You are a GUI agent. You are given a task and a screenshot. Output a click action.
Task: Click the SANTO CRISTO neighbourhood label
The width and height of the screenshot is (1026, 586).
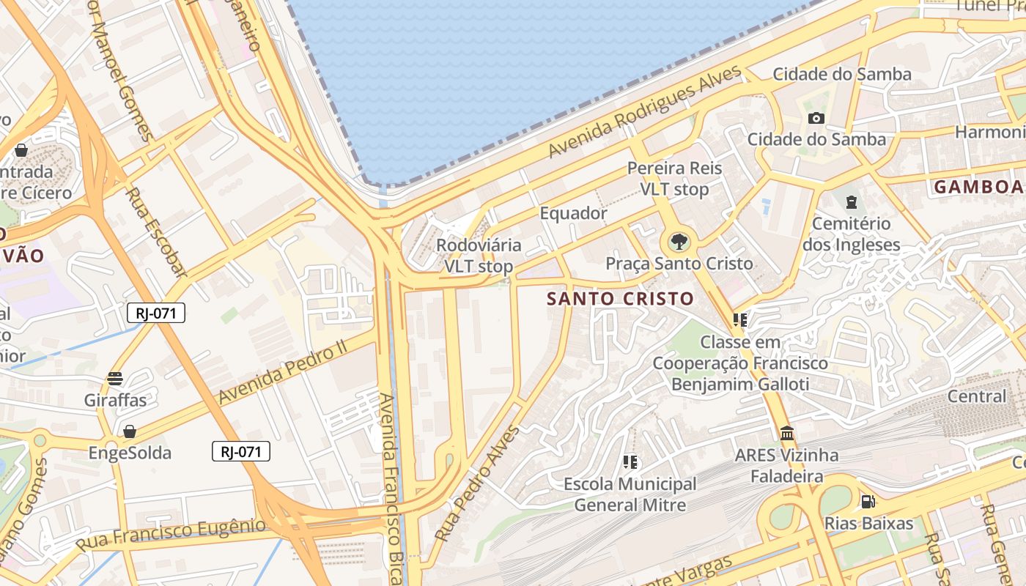point(620,299)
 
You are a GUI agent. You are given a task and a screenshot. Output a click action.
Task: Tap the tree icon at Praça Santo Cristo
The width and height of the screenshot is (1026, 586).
point(679,241)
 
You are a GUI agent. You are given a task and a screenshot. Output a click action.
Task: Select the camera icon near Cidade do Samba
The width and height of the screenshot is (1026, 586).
point(816,118)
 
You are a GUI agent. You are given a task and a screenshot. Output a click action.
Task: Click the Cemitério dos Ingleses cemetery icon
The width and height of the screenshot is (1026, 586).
point(851,201)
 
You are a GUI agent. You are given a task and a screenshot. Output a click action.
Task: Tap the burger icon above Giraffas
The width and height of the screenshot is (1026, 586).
point(115,379)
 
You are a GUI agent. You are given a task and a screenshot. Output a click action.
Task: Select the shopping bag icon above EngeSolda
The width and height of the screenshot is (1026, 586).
point(130,431)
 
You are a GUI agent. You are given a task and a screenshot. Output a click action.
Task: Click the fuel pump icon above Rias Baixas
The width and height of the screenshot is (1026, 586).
point(868,502)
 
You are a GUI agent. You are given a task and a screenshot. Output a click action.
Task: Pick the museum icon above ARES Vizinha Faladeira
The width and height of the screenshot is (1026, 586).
point(787,434)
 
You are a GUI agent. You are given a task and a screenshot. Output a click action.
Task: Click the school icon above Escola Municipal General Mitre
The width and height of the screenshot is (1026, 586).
point(630,462)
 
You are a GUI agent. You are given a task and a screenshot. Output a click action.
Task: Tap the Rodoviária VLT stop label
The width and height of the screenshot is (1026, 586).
point(479,256)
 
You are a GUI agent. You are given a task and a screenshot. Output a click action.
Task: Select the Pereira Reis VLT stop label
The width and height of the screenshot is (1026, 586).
point(674,179)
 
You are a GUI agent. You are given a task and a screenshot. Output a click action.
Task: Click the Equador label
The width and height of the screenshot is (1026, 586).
point(573,213)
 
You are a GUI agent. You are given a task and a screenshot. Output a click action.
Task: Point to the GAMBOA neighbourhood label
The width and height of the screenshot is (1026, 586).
point(978,187)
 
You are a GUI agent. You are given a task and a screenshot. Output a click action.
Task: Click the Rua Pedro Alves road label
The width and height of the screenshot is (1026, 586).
point(476,483)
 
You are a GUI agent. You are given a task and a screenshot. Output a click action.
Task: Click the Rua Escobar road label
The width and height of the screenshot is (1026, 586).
point(155,232)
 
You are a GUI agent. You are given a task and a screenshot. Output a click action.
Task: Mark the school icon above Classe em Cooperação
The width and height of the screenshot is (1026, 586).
point(739,320)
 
